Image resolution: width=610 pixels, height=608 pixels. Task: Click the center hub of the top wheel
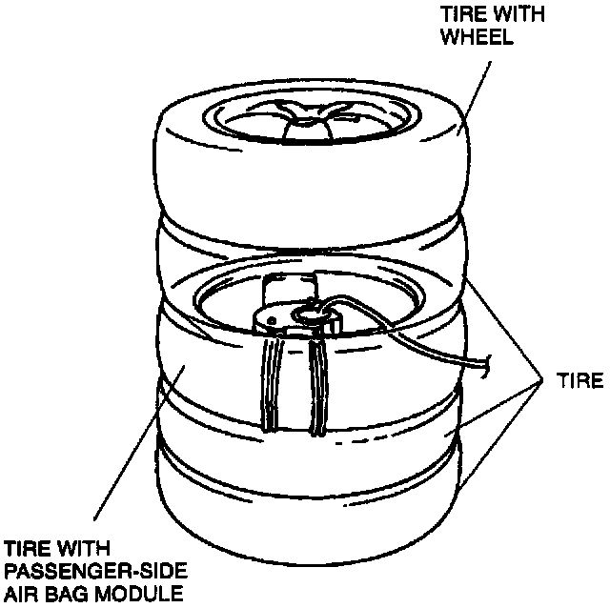[307, 118]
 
